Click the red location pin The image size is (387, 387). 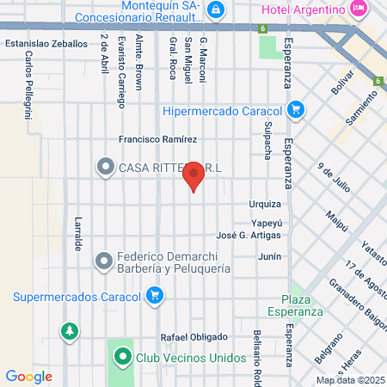[193, 176]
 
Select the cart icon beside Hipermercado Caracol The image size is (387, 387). [296, 110]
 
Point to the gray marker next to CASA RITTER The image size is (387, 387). [106, 166]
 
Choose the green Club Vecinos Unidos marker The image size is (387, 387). [121, 355]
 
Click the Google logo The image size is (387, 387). [28, 376]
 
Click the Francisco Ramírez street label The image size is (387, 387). [158, 139]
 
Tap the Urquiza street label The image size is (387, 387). [265, 205]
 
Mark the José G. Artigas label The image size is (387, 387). [249, 236]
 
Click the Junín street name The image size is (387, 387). [269, 256]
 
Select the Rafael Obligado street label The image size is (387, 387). [193, 336]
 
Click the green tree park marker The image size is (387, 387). [68, 330]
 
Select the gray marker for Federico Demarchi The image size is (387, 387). [104, 260]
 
